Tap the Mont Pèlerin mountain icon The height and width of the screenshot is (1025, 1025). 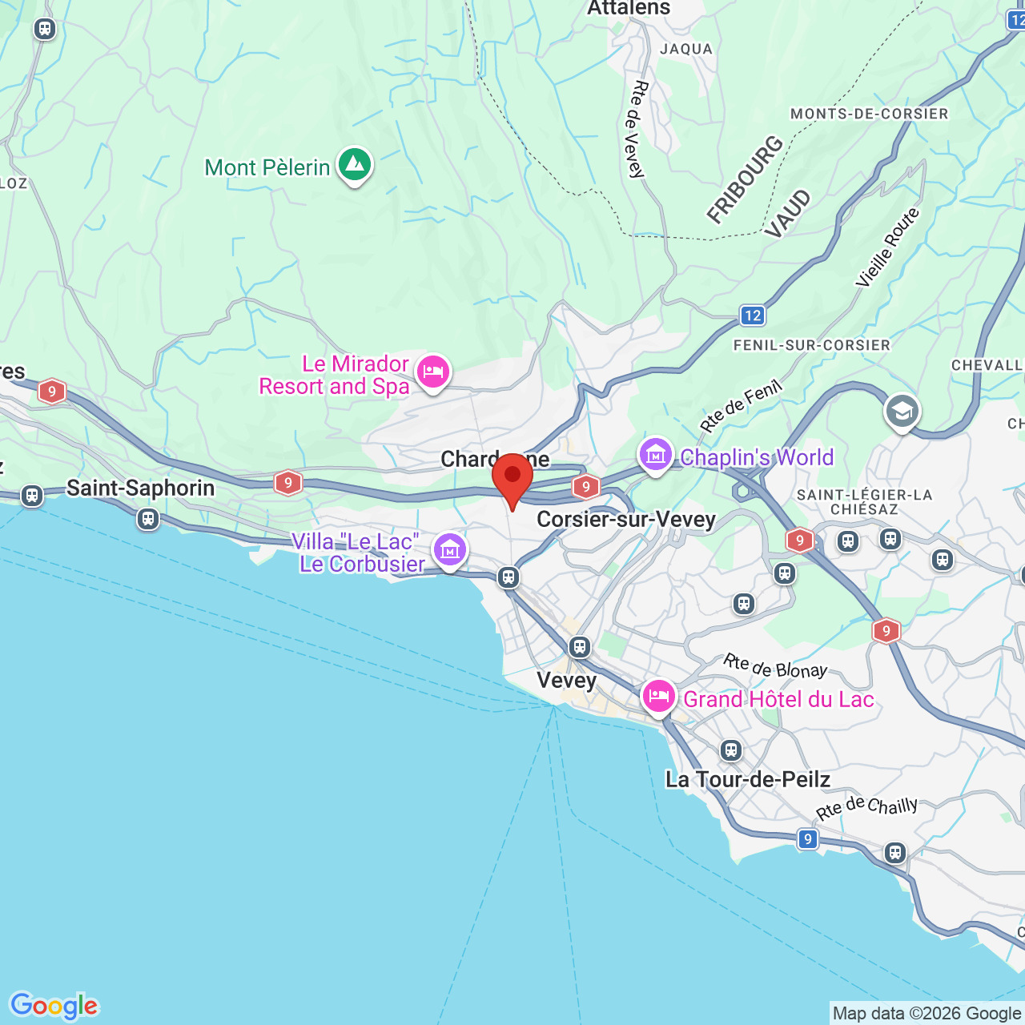354,165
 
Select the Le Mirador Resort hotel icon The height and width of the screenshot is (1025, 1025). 432,372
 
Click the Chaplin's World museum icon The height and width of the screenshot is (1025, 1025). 655,455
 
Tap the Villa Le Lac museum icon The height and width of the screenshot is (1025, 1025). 449,550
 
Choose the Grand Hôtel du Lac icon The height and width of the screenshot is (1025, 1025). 658,697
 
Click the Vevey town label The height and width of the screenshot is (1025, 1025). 566,681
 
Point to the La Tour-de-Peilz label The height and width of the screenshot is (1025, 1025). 747,779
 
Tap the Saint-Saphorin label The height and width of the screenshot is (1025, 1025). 140,488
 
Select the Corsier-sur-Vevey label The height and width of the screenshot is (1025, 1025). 625,520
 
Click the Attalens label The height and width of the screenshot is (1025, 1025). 629,9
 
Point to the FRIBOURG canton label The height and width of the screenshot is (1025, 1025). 745,179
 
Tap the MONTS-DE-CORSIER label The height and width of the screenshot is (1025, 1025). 869,114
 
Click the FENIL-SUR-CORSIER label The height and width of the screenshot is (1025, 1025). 811,345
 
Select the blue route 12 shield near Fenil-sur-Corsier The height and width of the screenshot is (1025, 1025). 752,315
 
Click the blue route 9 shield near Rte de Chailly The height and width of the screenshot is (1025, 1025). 807,838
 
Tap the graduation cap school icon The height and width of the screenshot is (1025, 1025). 902,412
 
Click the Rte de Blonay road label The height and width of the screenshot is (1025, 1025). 774,666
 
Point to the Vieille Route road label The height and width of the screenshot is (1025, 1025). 888,247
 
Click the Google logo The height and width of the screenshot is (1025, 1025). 54,1006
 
